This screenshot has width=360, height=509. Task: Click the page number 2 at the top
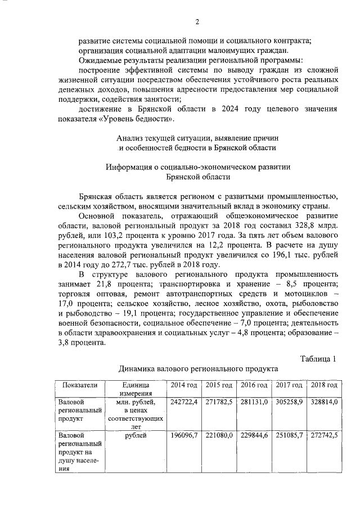click(x=197, y=22)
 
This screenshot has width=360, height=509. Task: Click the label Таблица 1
click(x=318, y=359)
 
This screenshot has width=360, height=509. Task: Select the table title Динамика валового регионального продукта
click(x=197, y=369)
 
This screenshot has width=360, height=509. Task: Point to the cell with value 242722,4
click(x=183, y=402)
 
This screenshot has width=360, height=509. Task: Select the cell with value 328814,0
click(x=323, y=402)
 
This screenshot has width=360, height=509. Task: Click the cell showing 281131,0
click(x=253, y=402)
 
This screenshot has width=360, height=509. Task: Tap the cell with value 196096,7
click(x=183, y=435)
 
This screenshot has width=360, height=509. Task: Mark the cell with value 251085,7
click(x=289, y=435)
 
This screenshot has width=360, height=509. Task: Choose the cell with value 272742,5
click(x=323, y=435)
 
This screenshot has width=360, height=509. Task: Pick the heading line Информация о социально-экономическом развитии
click(x=199, y=167)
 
